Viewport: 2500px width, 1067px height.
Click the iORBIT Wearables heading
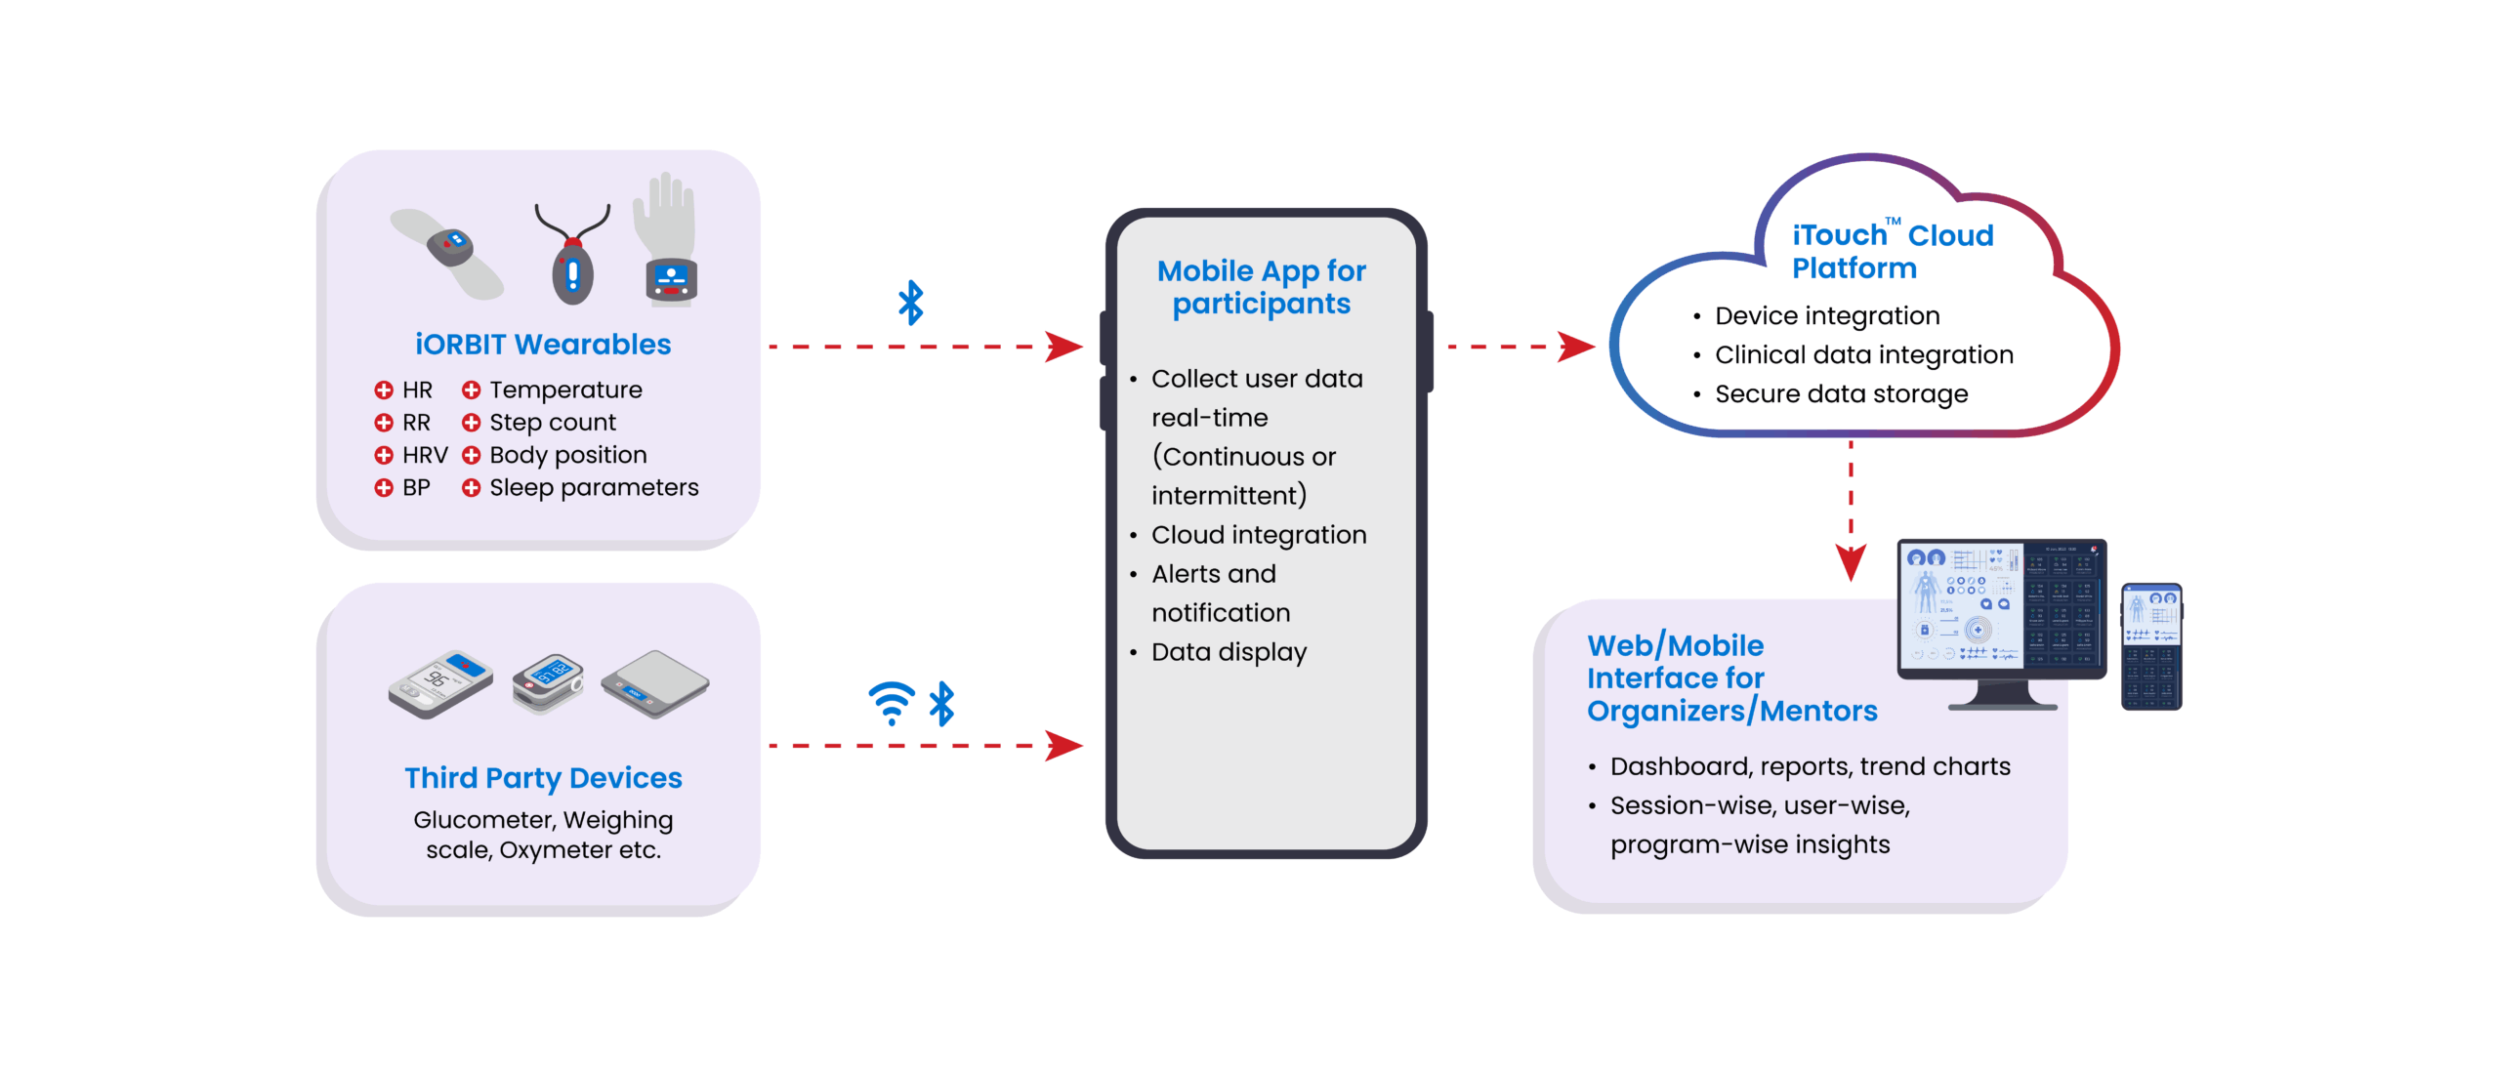543,345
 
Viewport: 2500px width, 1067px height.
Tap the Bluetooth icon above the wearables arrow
910,303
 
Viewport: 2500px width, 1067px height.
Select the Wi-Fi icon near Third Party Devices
891,703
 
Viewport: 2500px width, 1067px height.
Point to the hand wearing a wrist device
667,239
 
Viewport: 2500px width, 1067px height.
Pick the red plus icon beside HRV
384,455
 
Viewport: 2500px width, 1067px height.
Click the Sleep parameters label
594,487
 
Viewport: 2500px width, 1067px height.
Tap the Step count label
553,423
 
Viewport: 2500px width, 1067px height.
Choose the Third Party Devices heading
543,778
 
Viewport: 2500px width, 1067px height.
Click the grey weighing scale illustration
655,682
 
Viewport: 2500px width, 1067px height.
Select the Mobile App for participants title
1261,287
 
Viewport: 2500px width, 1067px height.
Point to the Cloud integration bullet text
1259,535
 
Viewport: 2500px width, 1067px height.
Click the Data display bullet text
1229,652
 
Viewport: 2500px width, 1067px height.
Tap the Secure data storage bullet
1841,394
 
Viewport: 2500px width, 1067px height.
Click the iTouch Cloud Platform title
1892,251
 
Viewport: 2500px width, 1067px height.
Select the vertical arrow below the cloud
1851,513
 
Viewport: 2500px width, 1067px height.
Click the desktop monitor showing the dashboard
2001,610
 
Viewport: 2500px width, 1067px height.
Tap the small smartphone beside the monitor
2151,646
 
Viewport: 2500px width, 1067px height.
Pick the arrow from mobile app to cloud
1519,347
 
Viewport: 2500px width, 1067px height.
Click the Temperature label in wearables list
565,390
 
